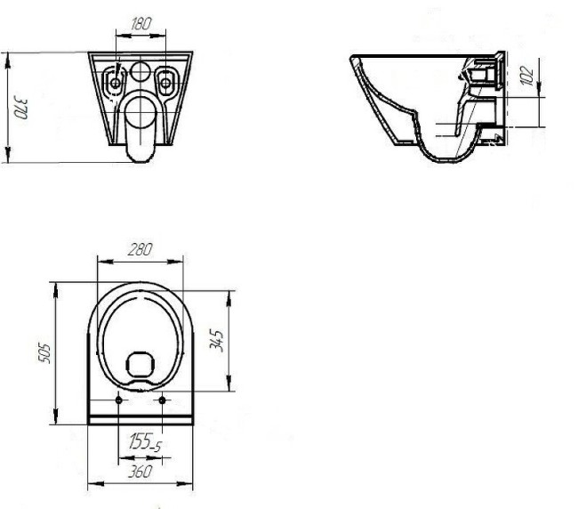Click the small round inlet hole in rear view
[140, 72]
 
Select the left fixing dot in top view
[120, 400]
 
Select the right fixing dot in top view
[162, 400]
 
